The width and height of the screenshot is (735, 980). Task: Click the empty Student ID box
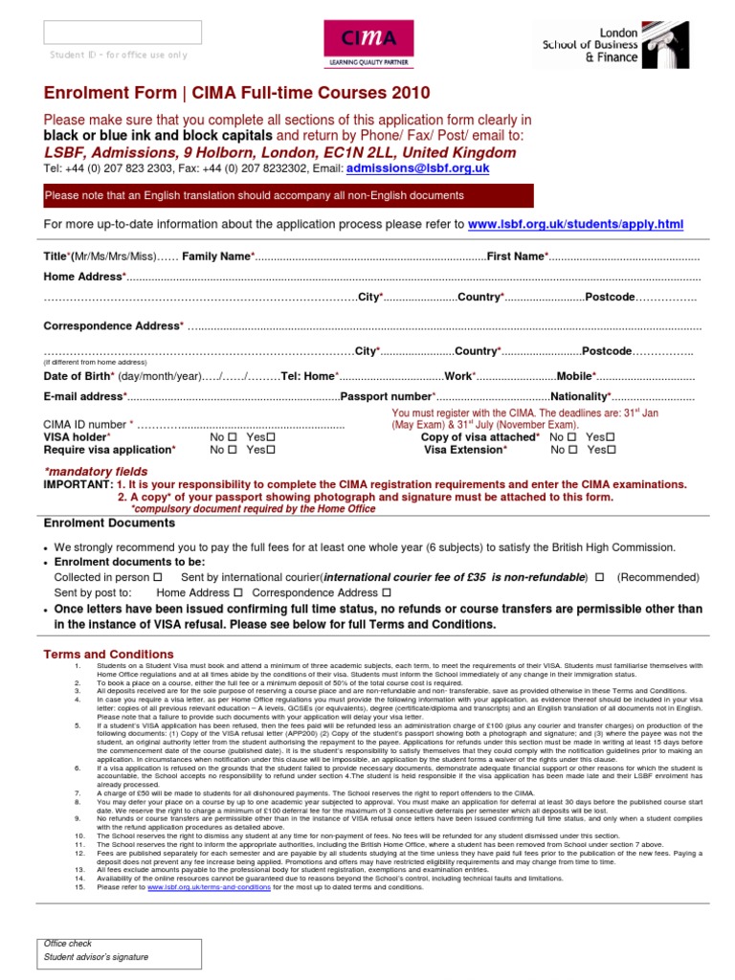coord(122,32)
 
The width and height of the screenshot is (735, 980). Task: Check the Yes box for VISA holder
coord(271,436)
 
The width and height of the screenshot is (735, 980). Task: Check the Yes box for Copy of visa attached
coord(611,436)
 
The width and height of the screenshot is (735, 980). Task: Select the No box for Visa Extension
coord(572,449)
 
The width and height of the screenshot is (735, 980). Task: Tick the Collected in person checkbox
coord(158,578)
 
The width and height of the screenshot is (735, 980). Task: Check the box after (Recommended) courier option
coord(599,578)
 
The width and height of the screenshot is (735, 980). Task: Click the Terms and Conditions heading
coord(109,655)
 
